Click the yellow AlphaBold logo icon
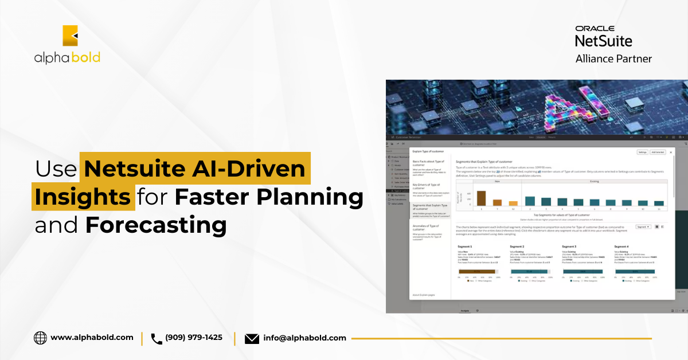(70, 36)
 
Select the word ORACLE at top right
(595, 28)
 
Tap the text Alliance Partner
(613, 58)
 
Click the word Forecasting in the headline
(156, 225)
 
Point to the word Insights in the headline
(83, 197)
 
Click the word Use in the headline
(56, 169)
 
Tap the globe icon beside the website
(40, 338)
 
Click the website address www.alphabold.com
(92, 338)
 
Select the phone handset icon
(157, 338)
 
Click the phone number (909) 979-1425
(193, 338)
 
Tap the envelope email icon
(252, 338)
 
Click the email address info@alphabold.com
(304, 338)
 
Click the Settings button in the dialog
(642, 152)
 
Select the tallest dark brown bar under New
(481, 198)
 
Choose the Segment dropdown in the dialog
(643, 227)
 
